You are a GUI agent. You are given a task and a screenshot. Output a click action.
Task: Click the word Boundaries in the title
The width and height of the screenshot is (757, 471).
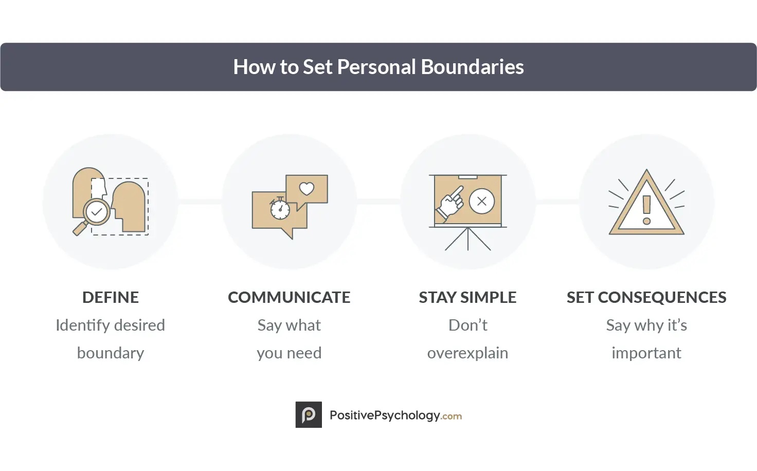click(x=472, y=67)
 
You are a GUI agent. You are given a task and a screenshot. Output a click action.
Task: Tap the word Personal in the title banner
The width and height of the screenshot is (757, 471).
click(x=376, y=67)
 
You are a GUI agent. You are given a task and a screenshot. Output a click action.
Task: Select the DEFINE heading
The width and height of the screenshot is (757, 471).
click(x=111, y=297)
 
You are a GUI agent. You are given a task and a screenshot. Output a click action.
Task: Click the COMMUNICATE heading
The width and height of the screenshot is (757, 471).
click(x=289, y=297)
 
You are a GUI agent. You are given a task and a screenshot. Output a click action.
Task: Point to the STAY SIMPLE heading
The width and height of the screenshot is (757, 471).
click(x=467, y=297)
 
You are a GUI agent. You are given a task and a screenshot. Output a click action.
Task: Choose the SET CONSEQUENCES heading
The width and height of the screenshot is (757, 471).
click(x=646, y=297)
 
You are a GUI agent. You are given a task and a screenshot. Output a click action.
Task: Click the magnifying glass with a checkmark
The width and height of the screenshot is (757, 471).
click(x=96, y=212)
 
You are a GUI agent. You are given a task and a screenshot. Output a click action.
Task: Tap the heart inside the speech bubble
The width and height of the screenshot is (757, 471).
click(x=307, y=189)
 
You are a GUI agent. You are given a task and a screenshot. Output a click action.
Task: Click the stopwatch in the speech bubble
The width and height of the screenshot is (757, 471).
click(x=280, y=208)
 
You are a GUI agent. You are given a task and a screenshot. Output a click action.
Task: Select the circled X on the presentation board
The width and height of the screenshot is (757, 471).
click(x=482, y=201)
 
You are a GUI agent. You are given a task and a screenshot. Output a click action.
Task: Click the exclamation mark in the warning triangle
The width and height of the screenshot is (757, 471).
click(x=646, y=210)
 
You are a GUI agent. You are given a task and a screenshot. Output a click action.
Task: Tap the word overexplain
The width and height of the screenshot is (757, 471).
click(x=467, y=353)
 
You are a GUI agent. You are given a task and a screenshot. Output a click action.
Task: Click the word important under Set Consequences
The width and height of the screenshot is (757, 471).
click(x=646, y=353)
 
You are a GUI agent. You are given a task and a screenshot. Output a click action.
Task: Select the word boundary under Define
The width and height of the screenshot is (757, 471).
click(x=111, y=353)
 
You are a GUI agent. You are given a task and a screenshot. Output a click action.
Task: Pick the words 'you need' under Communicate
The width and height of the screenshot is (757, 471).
click(x=289, y=353)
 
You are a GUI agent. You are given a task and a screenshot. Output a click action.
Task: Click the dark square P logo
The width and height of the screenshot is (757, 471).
click(x=309, y=415)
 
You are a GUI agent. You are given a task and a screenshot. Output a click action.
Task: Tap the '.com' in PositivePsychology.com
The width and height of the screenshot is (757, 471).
click(x=452, y=416)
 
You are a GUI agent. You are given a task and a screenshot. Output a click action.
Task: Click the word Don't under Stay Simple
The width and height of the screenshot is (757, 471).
click(x=467, y=325)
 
